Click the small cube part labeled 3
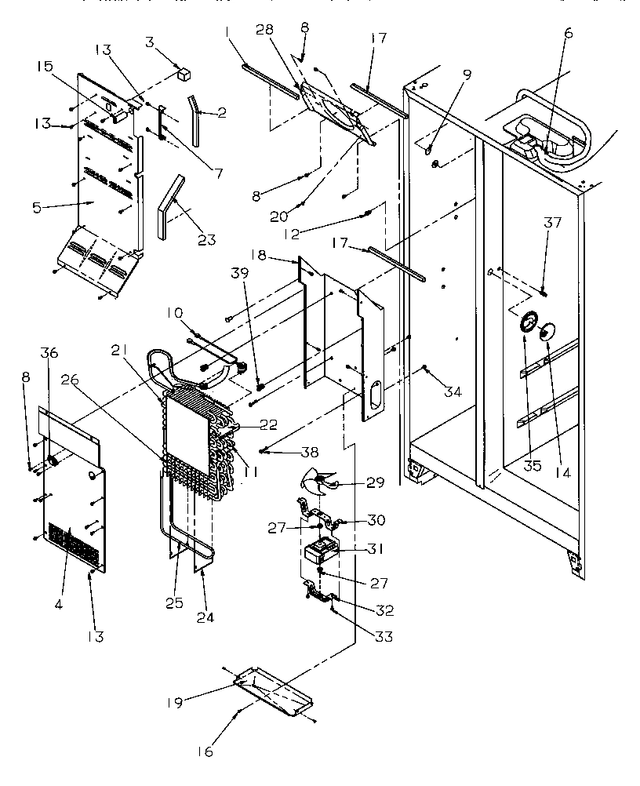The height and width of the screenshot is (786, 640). tap(186, 75)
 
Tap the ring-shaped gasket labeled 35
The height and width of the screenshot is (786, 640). tap(528, 322)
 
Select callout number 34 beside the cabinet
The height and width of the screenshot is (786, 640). tap(453, 391)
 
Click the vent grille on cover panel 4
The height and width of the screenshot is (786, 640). tap(75, 540)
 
